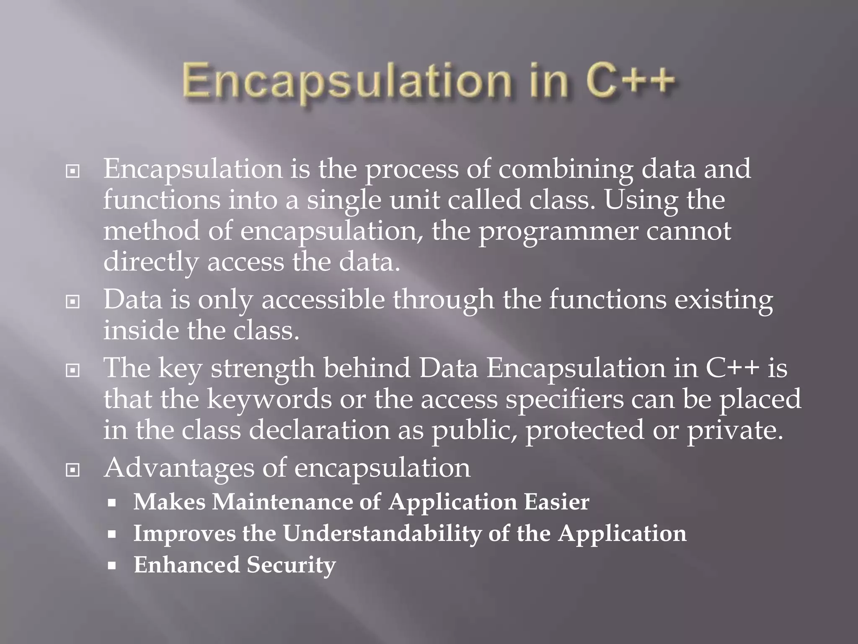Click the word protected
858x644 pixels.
click(x=584, y=431)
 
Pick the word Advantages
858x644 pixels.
click(x=179, y=468)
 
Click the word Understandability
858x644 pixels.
click(x=382, y=534)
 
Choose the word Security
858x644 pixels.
click(x=291, y=565)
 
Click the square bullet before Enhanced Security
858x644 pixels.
click(x=111, y=565)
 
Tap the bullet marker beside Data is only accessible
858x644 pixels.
click(x=73, y=301)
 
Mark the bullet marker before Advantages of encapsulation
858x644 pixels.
click(x=73, y=470)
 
